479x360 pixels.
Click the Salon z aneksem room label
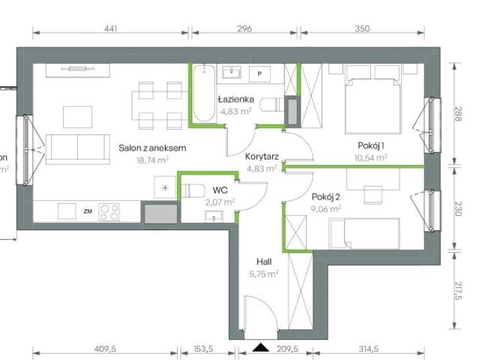coord(152,148)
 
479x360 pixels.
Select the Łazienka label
coord(235,99)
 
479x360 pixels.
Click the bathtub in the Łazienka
coord(202,94)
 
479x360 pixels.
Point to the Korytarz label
coord(262,157)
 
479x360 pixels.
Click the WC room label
coord(220,190)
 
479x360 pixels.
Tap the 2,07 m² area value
coord(220,202)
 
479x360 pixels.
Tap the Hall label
coord(262,262)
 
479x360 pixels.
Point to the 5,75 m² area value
coord(263,274)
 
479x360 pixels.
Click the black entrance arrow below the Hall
coord(261,347)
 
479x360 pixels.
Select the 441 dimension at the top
coord(110,29)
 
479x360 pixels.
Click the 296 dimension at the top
coord(244,29)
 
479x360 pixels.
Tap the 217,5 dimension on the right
coord(457,288)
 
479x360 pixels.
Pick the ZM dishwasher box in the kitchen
coord(88,212)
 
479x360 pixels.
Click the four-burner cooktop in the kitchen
coord(109,211)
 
